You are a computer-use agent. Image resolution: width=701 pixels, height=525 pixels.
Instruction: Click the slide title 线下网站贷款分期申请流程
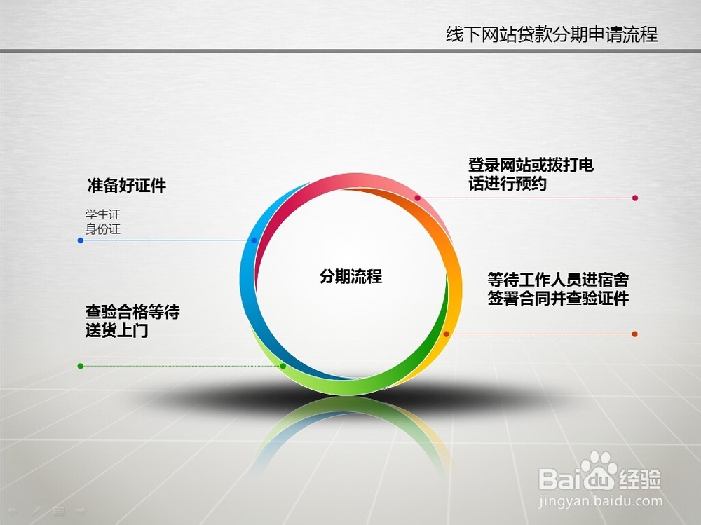point(552,34)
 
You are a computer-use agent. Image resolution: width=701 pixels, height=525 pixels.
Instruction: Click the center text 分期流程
point(350,276)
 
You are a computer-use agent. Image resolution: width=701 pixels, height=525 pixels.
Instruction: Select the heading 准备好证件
point(126,185)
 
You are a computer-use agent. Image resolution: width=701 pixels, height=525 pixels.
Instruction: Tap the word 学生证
point(103,214)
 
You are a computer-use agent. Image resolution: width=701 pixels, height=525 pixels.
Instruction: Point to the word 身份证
point(103,229)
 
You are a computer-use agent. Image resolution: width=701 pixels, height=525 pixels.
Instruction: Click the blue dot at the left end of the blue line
point(81,240)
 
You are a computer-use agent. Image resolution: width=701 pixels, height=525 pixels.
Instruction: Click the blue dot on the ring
point(254,240)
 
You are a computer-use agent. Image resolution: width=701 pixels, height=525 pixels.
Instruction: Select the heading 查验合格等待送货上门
point(132,321)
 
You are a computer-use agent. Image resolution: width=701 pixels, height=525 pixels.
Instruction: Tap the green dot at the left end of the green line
point(81,367)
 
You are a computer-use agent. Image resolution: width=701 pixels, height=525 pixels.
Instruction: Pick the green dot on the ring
point(283,367)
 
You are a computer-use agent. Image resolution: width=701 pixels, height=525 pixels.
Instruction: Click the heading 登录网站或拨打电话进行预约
point(531,174)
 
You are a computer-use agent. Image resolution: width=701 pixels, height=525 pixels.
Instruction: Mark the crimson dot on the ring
point(418,198)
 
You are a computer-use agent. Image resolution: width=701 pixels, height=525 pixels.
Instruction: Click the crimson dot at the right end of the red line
point(635,198)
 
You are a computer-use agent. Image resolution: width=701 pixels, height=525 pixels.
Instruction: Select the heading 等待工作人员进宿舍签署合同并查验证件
point(558,289)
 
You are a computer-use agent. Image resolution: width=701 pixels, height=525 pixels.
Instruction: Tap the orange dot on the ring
point(446,334)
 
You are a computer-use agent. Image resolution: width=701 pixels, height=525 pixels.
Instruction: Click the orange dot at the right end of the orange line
point(635,334)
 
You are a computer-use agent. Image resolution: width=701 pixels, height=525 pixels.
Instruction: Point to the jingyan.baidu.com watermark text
point(600,501)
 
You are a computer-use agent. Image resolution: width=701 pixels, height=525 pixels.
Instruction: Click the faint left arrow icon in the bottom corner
point(13,510)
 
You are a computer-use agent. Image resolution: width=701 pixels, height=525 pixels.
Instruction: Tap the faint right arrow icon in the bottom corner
point(81,510)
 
